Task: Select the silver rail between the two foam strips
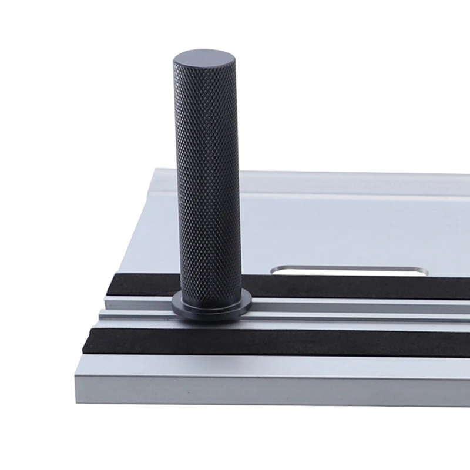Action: [352, 314]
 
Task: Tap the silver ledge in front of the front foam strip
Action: [264, 364]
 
